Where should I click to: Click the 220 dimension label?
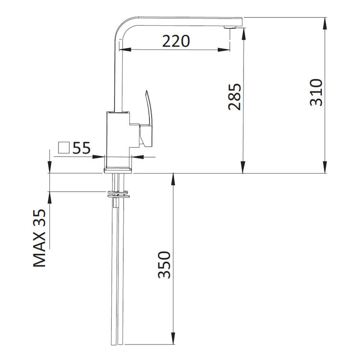click(x=176, y=41)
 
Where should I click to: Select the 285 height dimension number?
click(x=235, y=97)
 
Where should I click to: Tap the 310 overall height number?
click(x=316, y=92)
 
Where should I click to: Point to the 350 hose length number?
click(x=164, y=265)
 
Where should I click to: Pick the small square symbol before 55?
click(x=64, y=148)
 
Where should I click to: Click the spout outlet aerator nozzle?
click(x=229, y=27)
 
